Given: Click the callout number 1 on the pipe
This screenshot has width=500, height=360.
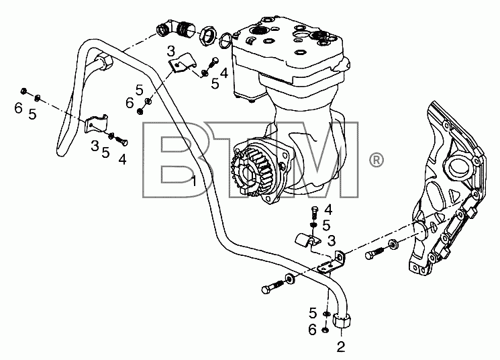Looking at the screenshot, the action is [x=194, y=181].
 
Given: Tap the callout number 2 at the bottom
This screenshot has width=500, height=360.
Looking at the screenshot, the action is [x=341, y=347].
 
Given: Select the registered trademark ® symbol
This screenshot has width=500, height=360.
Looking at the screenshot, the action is [x=377, y=160].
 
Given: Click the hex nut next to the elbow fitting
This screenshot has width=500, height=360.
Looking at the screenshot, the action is [x=208, y=36].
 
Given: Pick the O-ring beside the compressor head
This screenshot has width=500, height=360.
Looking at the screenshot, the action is [x=226, y=41].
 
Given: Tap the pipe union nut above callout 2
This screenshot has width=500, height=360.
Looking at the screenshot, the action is [x=342, y=320].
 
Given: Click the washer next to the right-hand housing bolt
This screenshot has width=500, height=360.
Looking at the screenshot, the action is [x=393, y=244].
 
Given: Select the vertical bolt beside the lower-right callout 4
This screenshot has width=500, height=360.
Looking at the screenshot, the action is [x=315, y=213].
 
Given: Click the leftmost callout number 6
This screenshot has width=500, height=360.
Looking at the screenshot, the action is [x=19, y=108].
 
